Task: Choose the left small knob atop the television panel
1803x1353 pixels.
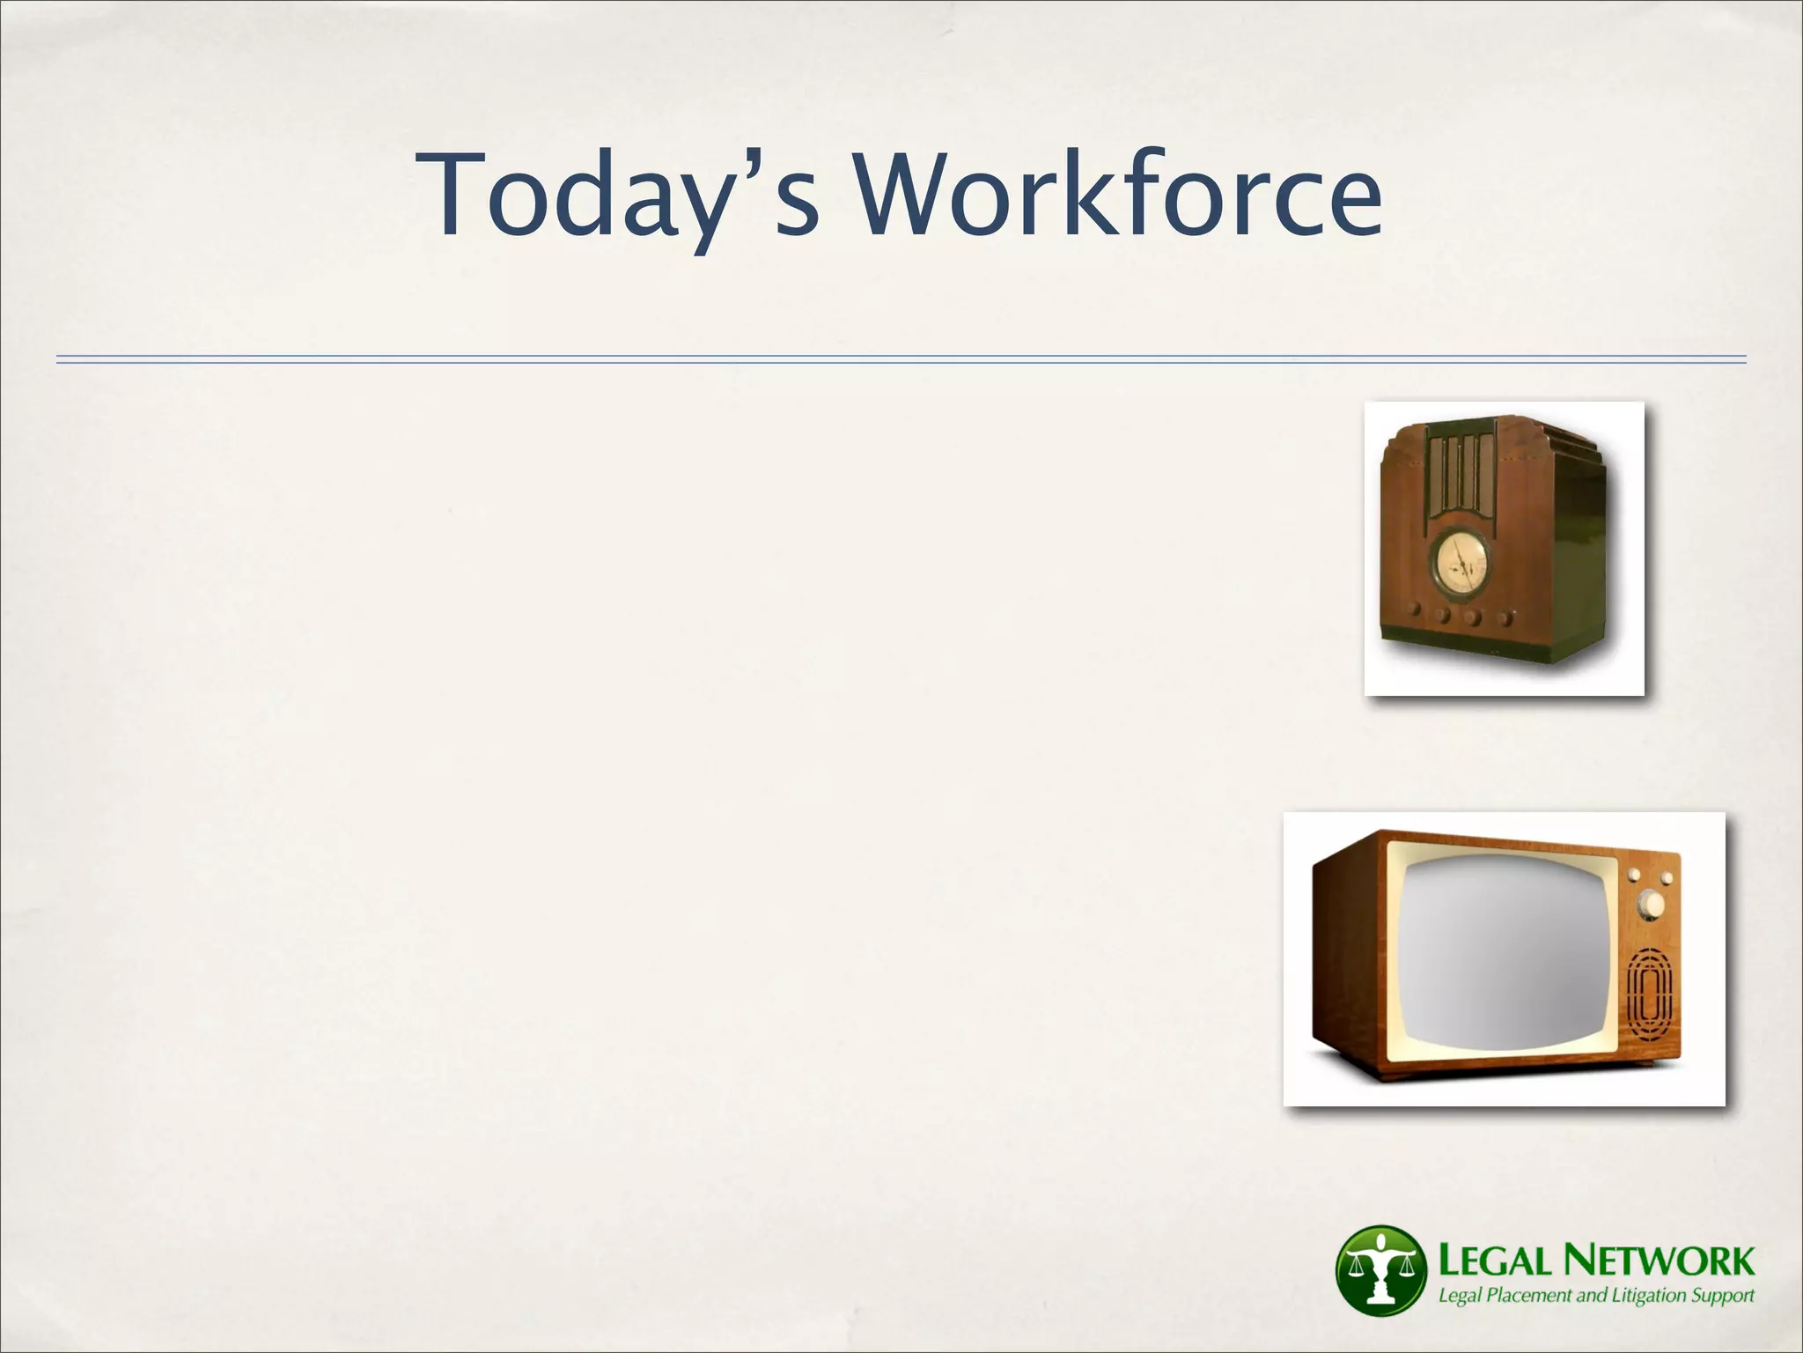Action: (1635, 875)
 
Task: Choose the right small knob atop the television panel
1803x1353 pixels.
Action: (1666, 878)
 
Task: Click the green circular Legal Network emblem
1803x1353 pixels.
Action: (1380, 1268)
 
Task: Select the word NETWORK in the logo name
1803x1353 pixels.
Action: (1659, 1261)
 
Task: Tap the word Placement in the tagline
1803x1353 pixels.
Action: (1529, 1296)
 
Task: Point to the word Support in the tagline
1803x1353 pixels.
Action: (1723, 1296)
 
